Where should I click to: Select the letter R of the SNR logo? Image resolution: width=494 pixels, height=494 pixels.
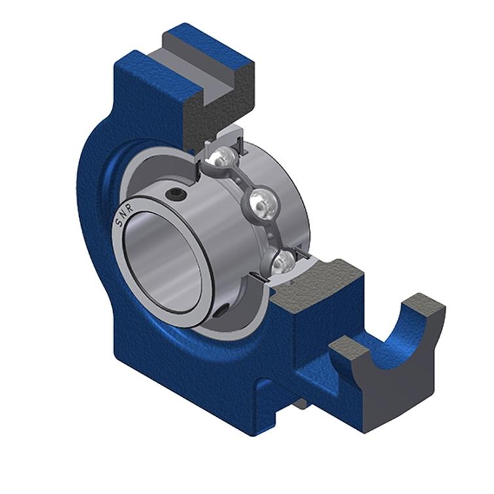(x=130, y=208)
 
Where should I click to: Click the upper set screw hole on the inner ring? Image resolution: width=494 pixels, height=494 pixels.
(x=175, y=194)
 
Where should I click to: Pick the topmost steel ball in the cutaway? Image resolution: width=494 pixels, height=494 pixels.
(x=224, y=157)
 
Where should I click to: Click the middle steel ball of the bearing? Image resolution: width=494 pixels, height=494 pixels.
(x=262, y=205)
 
